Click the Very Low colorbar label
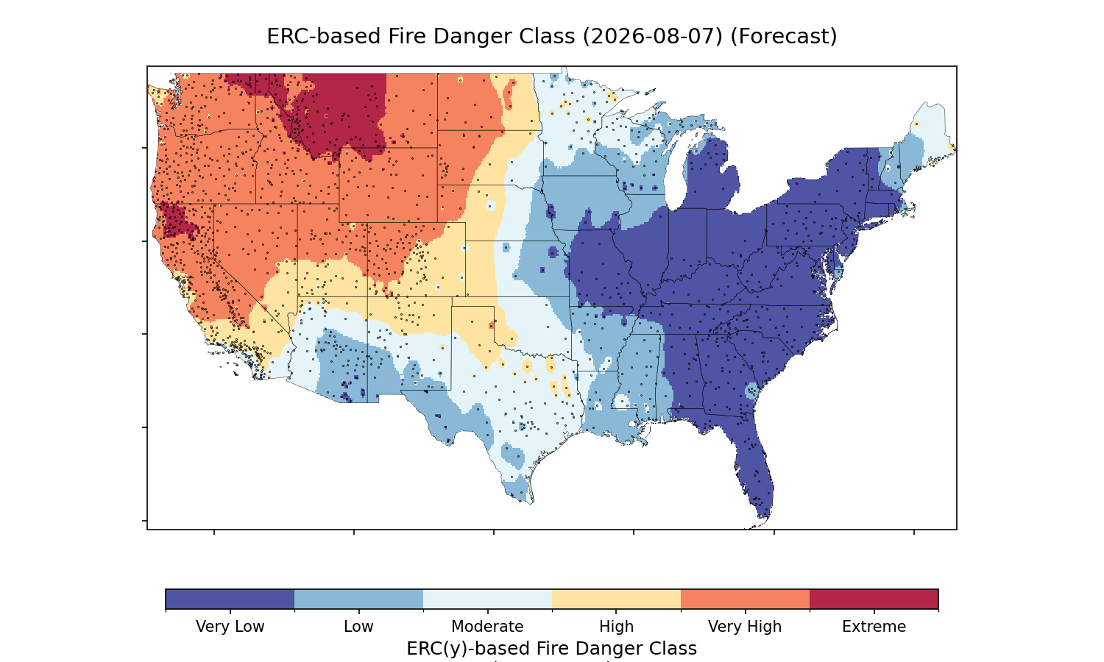click(x=230, y=627)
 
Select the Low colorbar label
click(x=359, y=627)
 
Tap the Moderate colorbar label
click(x=487, y=627)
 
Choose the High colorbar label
click(x=617, y=627)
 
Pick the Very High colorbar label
click(x=745, y=627)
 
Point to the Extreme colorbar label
click(x=874, y=627)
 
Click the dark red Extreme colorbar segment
click(x=874, y=599)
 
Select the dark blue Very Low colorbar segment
click(x=230, y=599)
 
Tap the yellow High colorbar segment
click(x=617, y=599)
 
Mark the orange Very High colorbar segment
click(x=745, y=599)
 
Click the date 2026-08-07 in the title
click(x=653, y=37)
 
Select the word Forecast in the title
click(x=784, y=37)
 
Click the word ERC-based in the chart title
click(x=323, y=37)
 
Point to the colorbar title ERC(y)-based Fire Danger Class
click(x=551, y=648)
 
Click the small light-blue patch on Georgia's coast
click(x=752, y=391)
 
